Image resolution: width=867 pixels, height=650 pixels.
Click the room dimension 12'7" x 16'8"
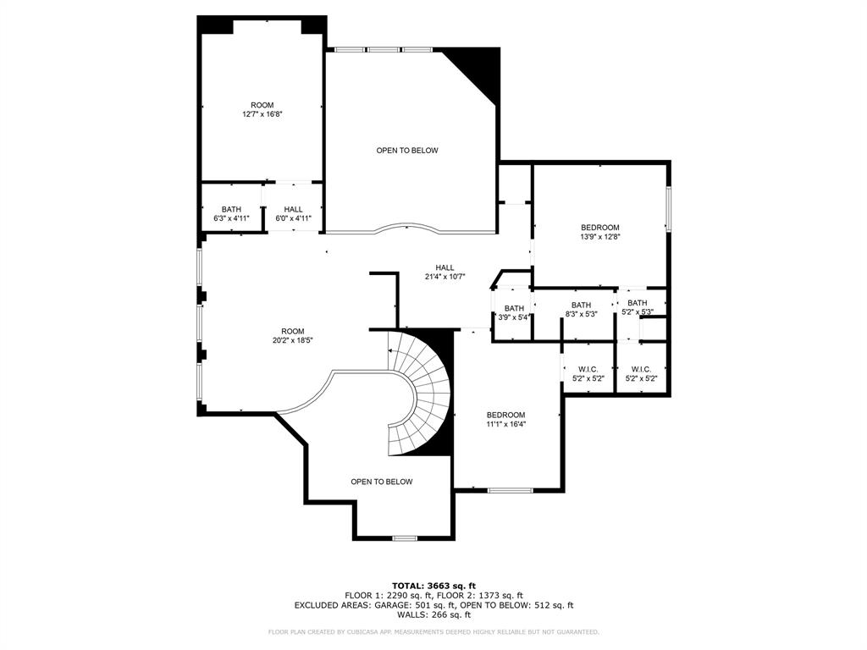[262, 114]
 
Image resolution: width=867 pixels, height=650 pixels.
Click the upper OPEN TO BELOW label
[407, 151]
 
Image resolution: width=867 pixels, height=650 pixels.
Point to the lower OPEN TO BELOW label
[382, 482]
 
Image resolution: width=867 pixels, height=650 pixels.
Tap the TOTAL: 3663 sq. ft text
[433, 586]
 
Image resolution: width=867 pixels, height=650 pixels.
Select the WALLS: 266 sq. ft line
[433, 615]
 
